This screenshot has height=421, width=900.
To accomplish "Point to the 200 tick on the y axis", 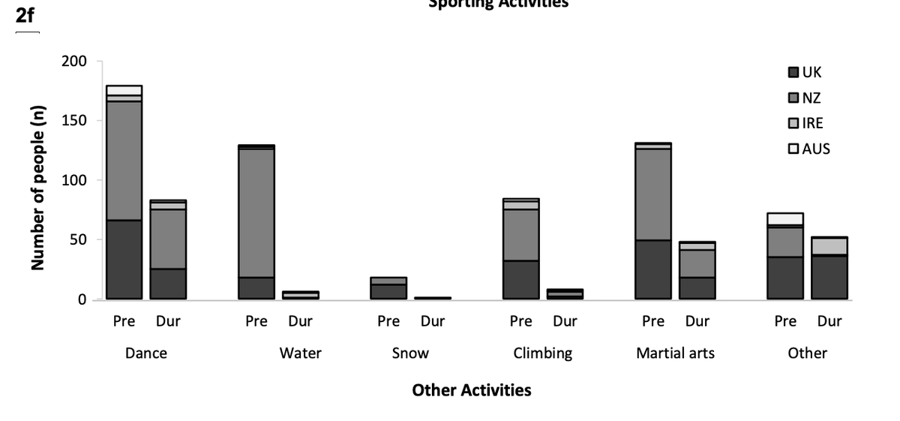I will [75, 61].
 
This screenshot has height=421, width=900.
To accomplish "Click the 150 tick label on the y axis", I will [75, 121].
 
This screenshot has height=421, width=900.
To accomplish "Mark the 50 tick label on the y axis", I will [79, 240].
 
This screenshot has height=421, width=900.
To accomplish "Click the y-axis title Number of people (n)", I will [37, 188].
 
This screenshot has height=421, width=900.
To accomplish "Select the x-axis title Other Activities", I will [471, 390].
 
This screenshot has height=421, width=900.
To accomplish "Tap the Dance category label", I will [146, 353].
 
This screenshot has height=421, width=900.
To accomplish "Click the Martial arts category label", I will [675, 353].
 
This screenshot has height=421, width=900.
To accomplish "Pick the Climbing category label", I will [542, 353].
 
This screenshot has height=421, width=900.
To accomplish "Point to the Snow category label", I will [410, 353].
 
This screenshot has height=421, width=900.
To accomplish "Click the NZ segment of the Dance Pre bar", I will [124, 161].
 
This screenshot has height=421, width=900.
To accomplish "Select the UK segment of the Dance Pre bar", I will [124, 260].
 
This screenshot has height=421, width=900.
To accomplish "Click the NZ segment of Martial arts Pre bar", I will [652, 194].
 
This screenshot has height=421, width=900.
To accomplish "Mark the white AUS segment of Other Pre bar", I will [784, 218].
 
